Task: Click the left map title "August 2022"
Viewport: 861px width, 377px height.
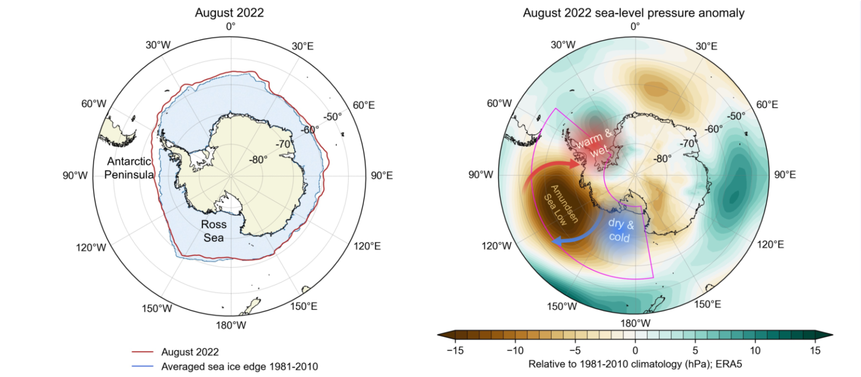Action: (230, 12)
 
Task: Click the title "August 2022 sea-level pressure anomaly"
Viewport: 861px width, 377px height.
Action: (634, 13)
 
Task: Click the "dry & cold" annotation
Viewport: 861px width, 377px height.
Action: (621, 231)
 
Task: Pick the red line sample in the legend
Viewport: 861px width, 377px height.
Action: (143, 352)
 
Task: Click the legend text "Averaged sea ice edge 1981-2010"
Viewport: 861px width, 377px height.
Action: (239, 367)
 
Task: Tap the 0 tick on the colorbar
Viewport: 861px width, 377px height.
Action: (635, 351)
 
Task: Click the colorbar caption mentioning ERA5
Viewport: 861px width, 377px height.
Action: (635, 364)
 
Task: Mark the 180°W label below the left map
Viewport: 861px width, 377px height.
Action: (230, 325)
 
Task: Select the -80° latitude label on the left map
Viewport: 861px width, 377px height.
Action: (258, 159)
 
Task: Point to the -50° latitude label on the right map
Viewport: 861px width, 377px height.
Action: (735, 116)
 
